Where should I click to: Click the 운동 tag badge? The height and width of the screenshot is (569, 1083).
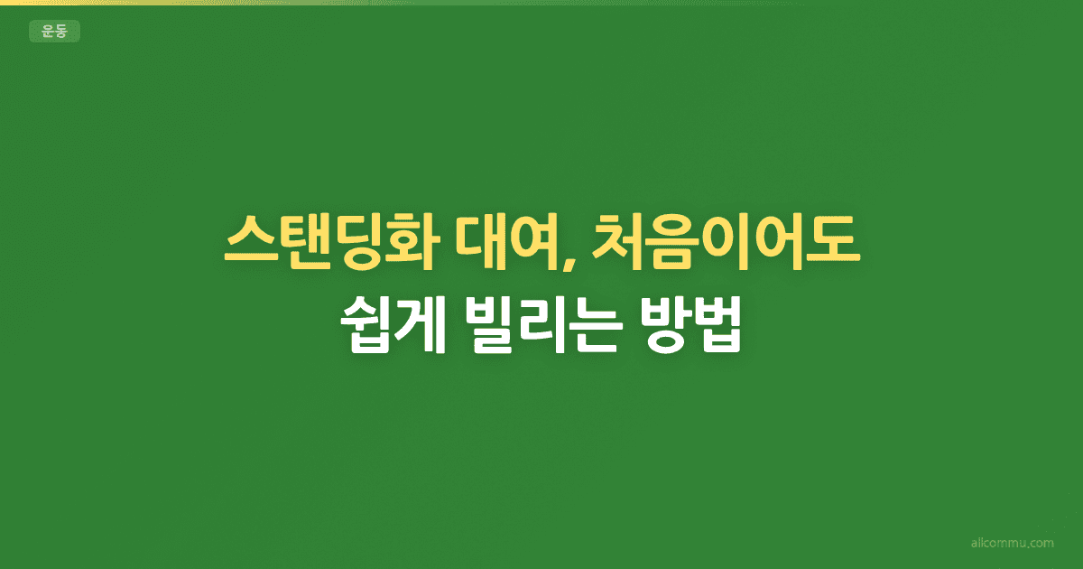click(x=55, y=31)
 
